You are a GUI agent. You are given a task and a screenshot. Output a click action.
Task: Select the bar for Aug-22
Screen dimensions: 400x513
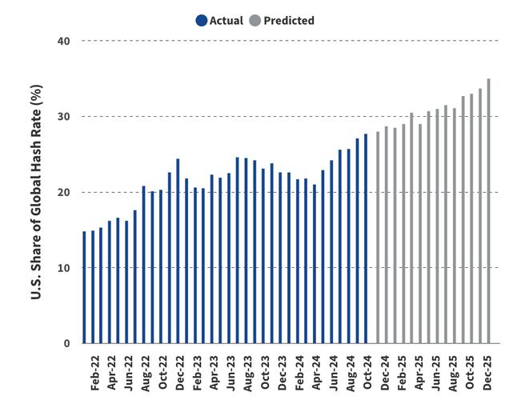pyautogui.click(x=144, y=265)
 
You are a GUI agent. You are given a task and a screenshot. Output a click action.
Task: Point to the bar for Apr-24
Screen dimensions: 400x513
pyautogui.click(x=315, y=264)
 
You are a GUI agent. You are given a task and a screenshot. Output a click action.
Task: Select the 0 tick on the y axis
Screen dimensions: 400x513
pyautogui.click(x=68, y=344)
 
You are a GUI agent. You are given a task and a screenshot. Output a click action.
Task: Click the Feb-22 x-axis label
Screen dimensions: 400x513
pyautogui.click(x=96, y=372)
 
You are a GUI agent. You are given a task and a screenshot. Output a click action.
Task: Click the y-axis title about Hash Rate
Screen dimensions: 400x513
pyautogui.click(x=36, y=192)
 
